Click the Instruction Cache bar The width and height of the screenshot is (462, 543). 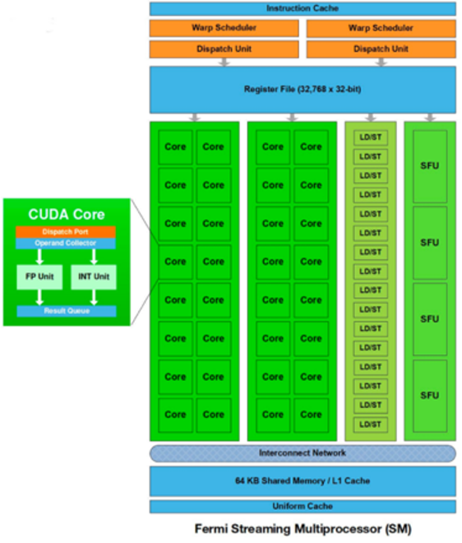pyautogui.click(x=303, y=9)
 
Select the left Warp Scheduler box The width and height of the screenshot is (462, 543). pyautogui.click(x=224, y=28)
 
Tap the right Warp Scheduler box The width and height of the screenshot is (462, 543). pyautogui.click(x=381, y=28)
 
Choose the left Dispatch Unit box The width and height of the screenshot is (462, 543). pyautogui.click(x=224, y=49)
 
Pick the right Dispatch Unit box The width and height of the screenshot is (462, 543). pyautogui.click(x=381, y=49)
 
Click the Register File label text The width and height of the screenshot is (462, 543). pyautogui.click(x=303, y=90)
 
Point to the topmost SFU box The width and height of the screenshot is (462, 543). pyautogui.click(x=430, y=166)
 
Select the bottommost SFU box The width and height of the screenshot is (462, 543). pyautogui.click(x=430, y=396)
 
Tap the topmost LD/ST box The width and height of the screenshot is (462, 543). pyautogui.click(x=370, y=137)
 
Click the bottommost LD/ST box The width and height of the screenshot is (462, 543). pyautogui.click(x=370, y=425)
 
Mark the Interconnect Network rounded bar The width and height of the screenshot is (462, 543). pyautogui.click(x=303, y=453)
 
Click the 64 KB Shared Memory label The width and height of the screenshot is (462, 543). pyautogui.click(x=303, y=480)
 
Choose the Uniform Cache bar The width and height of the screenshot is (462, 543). pyautogui.click(x=303, y=506)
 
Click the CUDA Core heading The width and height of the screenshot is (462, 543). pyautogui.click(x=67, y=215)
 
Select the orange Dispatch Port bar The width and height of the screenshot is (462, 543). pyautogui.click(x=66, y=232)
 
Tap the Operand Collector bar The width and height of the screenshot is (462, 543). pyautogui.click(x=66, y=244)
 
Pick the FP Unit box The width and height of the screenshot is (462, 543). pyautogui.click(x=39, y=277)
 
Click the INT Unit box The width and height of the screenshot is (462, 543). pyautogui.click(x=94, y=277)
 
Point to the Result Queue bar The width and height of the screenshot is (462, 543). pyautogui.click(x=67, y=311)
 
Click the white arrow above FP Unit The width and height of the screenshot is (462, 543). pyautogui.click(x=39, y=257)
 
